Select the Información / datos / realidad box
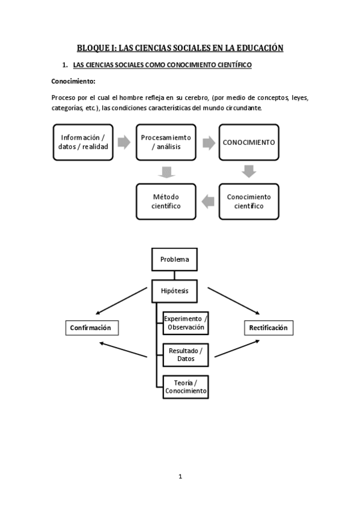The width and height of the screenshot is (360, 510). (83, 142)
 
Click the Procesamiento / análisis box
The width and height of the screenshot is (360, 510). (166, 142)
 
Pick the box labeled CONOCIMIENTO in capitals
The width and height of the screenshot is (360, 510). (249, 143)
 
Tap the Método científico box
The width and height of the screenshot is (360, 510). (166, 201)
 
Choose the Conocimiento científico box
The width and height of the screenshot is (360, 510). (249, 201)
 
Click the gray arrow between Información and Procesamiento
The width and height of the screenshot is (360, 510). (124, 143)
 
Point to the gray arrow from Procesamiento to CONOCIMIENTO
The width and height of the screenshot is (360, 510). (208, 143)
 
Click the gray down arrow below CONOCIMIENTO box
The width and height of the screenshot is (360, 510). (249, 172)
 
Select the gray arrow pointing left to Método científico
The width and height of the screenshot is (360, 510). (207, 201)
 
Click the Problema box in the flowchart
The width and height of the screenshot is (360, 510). (174, 260)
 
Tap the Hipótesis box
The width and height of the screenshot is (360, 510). (174, 290)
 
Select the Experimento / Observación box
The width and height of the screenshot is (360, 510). (186, 323)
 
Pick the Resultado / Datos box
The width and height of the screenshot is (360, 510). (186, 354)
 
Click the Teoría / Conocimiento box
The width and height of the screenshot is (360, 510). (186, 386)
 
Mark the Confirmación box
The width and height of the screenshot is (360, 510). (91, 328)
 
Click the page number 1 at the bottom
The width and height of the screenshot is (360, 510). (180, 476)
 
